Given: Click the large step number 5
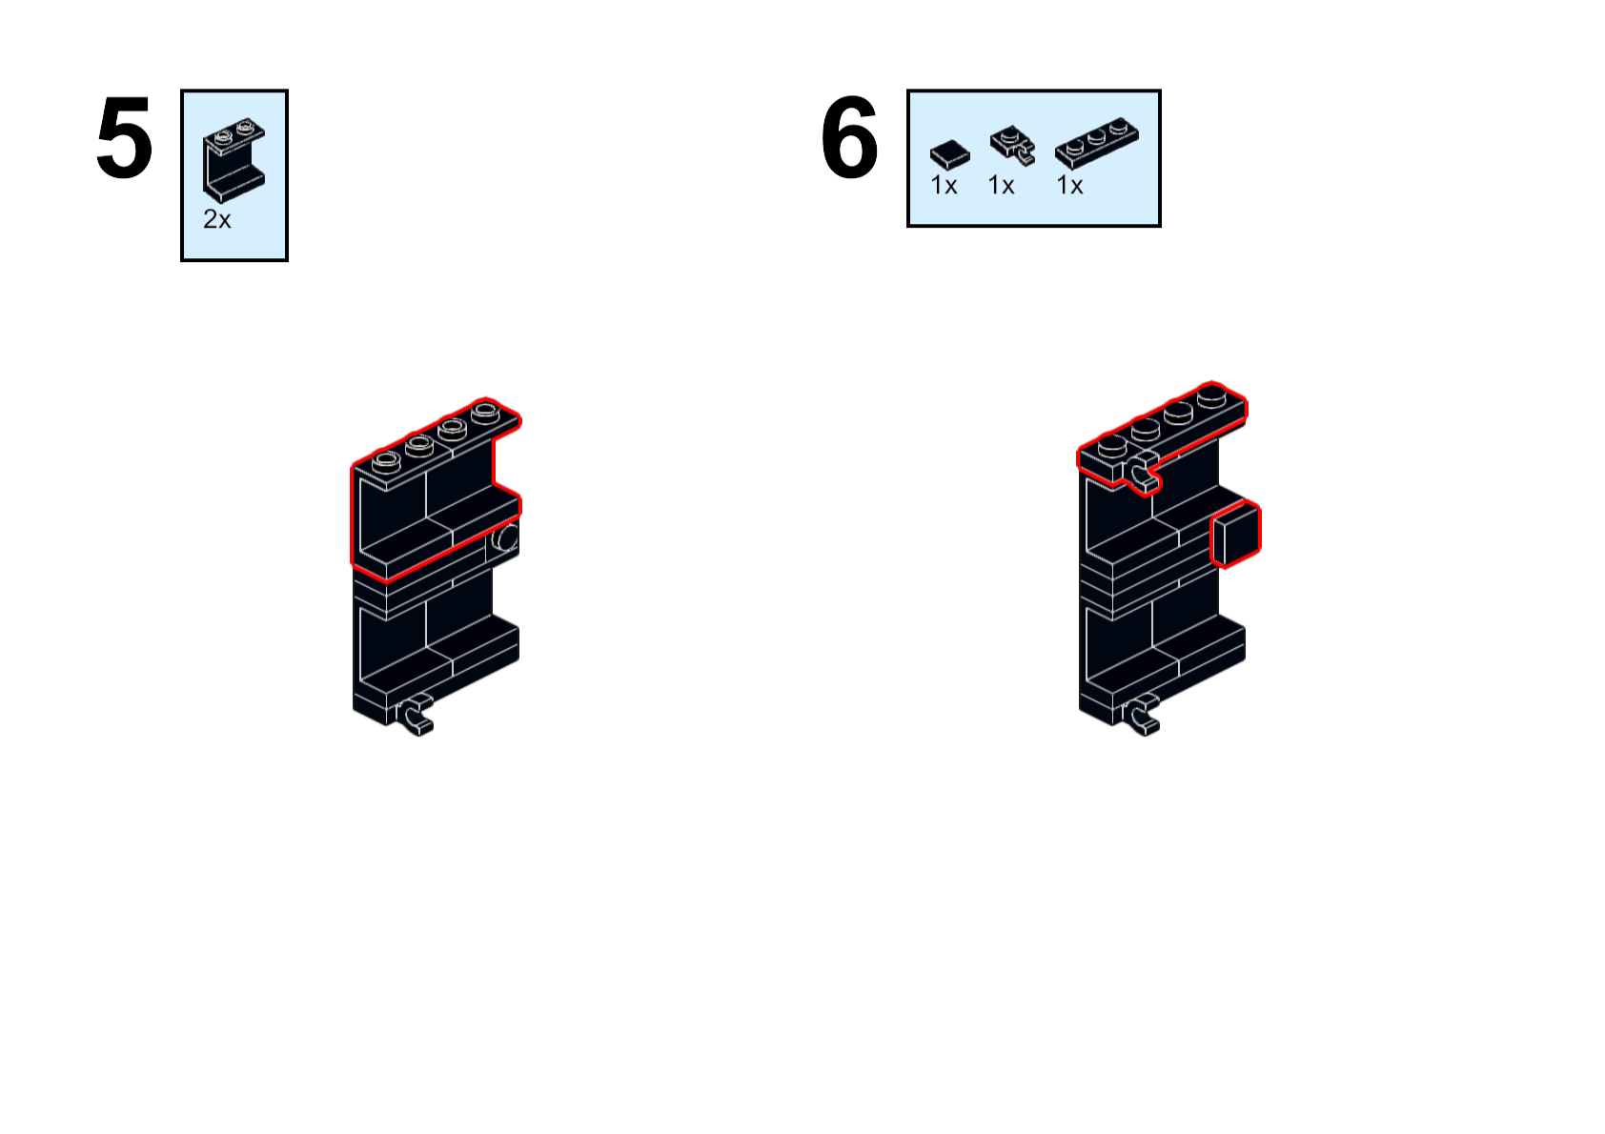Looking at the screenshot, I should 124,140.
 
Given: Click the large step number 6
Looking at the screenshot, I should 848,140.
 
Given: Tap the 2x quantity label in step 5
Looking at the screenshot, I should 216,219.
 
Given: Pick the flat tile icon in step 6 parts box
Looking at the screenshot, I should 949,153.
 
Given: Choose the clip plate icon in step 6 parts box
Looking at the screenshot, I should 1011,145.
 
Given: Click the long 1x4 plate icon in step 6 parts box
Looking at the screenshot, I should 1096,143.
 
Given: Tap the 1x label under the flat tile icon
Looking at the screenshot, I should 944,185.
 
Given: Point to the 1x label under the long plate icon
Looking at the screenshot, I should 1069,185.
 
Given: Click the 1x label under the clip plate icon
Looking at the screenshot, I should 1001,185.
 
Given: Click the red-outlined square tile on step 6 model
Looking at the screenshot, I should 1236,535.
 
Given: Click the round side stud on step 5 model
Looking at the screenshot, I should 506,538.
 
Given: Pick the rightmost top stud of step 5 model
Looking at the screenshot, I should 485,412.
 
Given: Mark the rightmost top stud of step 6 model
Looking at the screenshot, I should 1212,395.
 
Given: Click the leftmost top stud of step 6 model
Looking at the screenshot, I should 1111,445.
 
